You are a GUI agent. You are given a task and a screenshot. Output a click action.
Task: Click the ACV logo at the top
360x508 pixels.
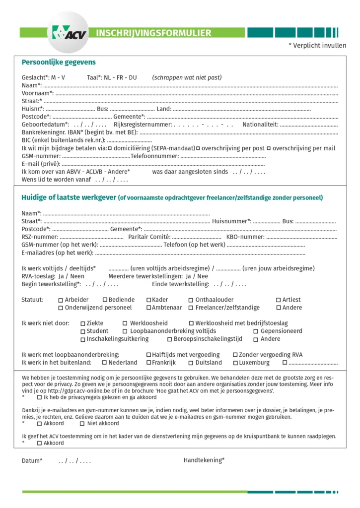pos(68,32)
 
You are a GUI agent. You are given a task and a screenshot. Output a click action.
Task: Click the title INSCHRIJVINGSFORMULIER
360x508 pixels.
pos(153,33)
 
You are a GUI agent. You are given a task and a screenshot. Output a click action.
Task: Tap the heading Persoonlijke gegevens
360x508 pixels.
pos(59,63)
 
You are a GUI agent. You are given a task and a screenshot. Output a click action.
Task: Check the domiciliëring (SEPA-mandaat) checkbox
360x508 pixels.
pos(110,148)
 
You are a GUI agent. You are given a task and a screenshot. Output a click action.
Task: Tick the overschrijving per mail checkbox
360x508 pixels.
pos(269,148)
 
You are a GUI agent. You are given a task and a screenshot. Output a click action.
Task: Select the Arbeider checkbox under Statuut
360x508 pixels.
pos(61,300)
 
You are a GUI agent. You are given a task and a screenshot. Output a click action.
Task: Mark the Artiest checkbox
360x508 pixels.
pos(279,300)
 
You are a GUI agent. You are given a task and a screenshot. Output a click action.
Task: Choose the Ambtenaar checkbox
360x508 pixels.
pos(148,308)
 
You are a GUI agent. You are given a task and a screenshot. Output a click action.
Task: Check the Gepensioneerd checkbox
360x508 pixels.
pos(256,331)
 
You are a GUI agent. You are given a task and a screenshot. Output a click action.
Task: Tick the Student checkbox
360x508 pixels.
pos(83,331)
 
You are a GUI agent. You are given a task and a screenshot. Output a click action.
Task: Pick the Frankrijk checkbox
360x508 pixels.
pos(148,363)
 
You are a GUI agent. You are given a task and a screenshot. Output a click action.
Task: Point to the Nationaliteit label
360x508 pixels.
pos(260,125)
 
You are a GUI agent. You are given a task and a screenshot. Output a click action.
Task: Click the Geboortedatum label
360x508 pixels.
pos(45,125)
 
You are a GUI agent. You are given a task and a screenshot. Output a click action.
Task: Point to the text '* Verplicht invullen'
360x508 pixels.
pos(317,46)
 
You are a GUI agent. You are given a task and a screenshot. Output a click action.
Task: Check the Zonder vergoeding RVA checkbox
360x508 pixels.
pos(235,355)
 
